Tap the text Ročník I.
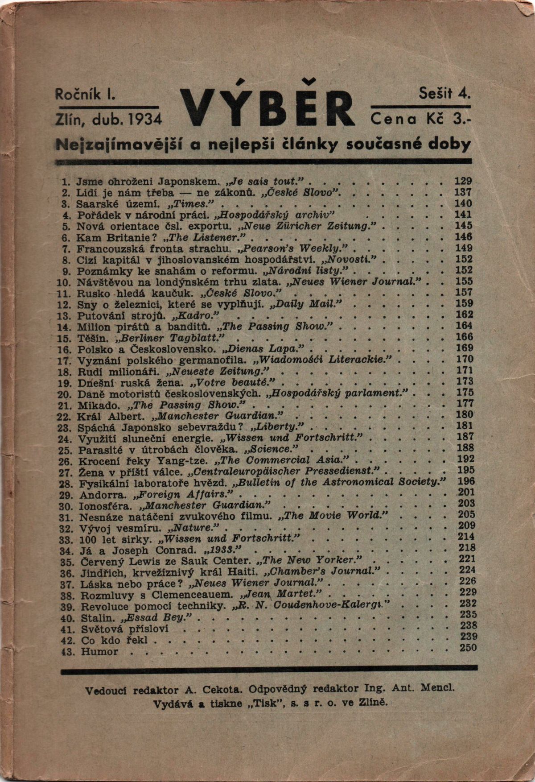83,94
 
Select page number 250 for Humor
467,648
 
